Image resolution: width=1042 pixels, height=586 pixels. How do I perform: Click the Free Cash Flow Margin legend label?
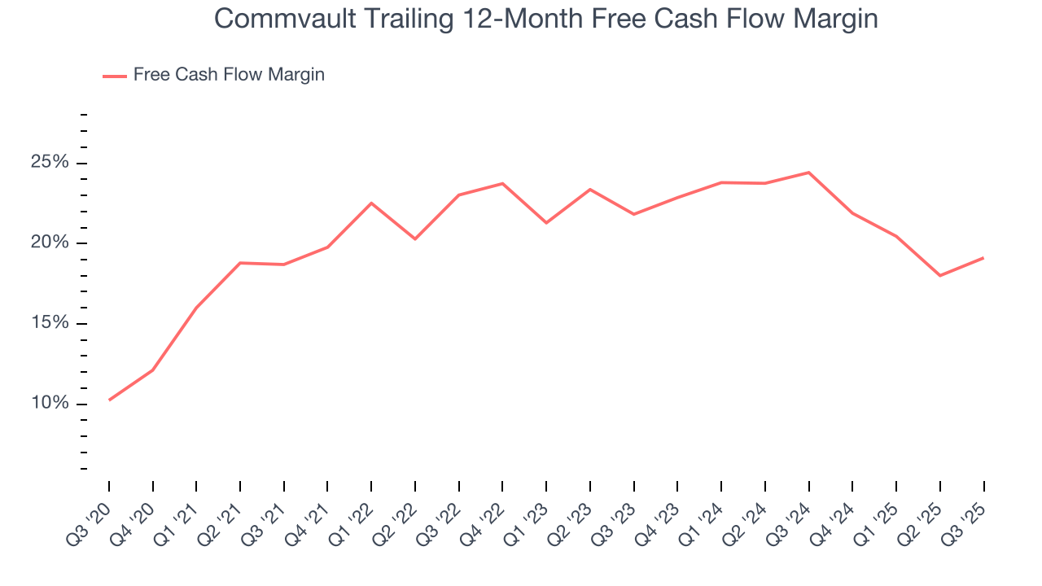pos(229,75)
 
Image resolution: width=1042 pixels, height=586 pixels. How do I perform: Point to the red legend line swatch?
pos(114,76)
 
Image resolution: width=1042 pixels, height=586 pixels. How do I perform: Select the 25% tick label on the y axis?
pos(50,163)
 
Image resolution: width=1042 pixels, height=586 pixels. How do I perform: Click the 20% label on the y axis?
pos(50,243)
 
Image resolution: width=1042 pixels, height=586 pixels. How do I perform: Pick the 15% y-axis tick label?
pos(50,324)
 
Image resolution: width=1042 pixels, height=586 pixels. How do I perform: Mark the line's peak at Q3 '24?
pos(808,173)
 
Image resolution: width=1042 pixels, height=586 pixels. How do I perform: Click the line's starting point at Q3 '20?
pos(109,400)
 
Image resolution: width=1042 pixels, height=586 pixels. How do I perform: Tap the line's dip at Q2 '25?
pos(940,275)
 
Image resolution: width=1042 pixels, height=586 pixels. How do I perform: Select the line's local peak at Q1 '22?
pos(371,203)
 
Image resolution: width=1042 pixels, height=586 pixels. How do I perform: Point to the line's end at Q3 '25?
pos(983,258)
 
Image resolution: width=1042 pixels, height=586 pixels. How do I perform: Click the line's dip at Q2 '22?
pos(415,238)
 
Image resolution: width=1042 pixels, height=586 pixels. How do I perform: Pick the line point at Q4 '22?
pos(502,183)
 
